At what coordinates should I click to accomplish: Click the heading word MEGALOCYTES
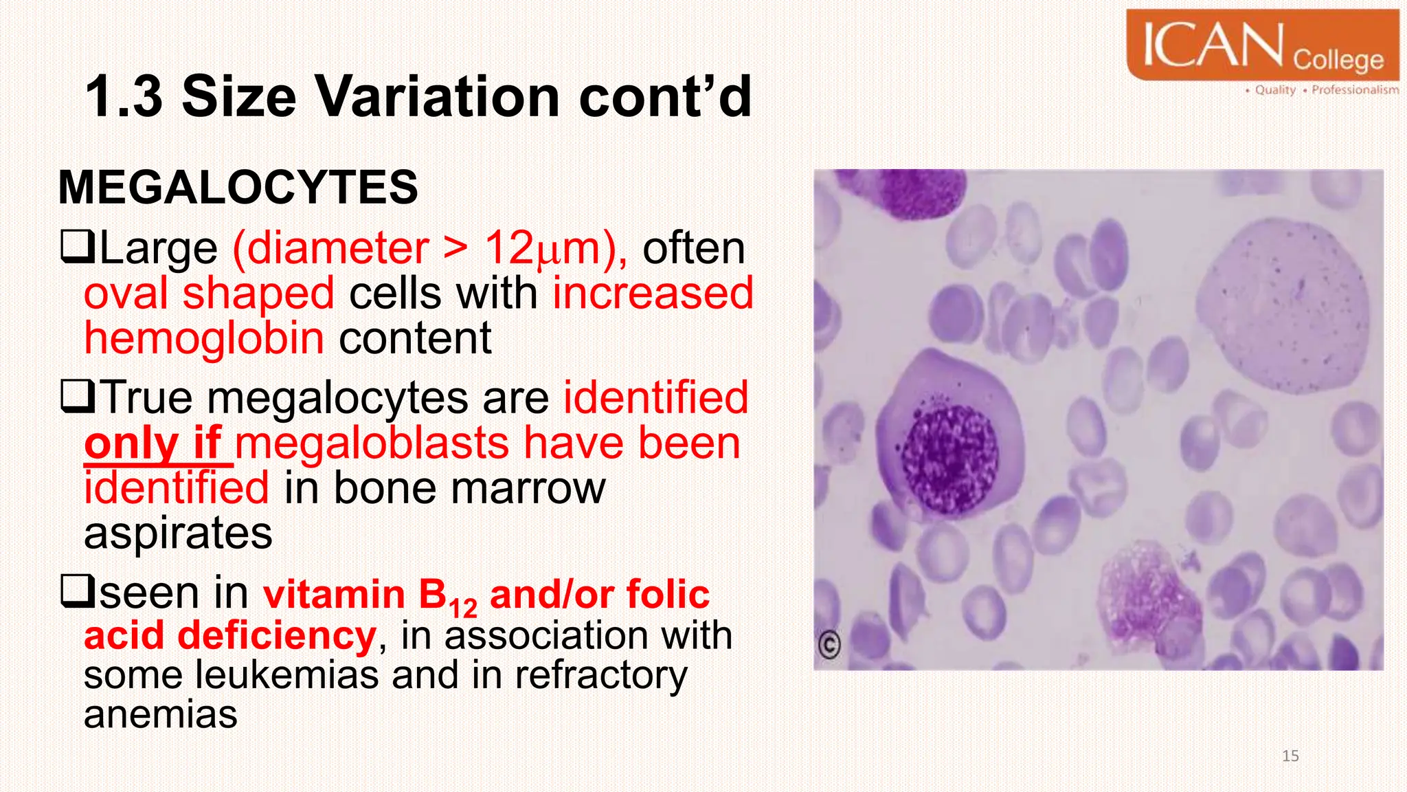(x=238, y=187)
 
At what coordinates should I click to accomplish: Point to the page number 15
(x=1290, y=756)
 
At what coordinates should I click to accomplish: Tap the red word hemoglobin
(x=204, y=338)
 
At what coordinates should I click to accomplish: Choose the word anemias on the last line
(x=160, y=714)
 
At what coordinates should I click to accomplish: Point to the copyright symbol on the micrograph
(x=829, y=644)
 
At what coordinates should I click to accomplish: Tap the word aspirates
(x=178, y=533)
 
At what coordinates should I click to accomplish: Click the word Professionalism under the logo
(x=1354, y=90)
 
